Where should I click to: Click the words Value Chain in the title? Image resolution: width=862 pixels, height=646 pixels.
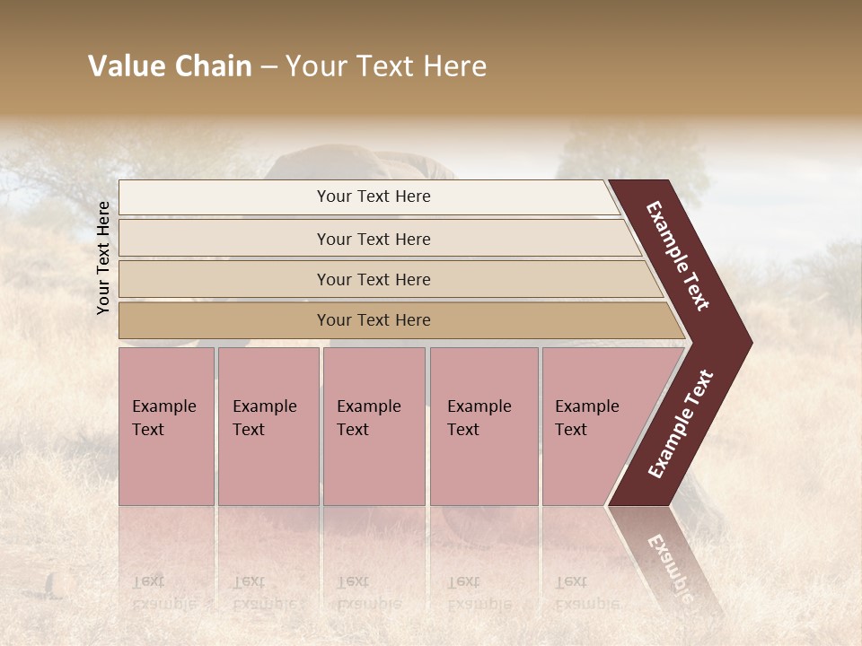coord(170,66)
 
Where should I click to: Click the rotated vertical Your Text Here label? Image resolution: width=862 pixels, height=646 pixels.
coord(103,258)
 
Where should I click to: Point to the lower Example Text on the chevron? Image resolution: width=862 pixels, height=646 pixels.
coord(680,424)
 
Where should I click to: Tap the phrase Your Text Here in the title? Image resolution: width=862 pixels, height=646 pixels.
coord(386,66)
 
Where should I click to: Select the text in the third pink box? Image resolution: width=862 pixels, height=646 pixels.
coord(368,418)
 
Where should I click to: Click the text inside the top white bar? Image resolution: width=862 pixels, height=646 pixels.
coord(374,196)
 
